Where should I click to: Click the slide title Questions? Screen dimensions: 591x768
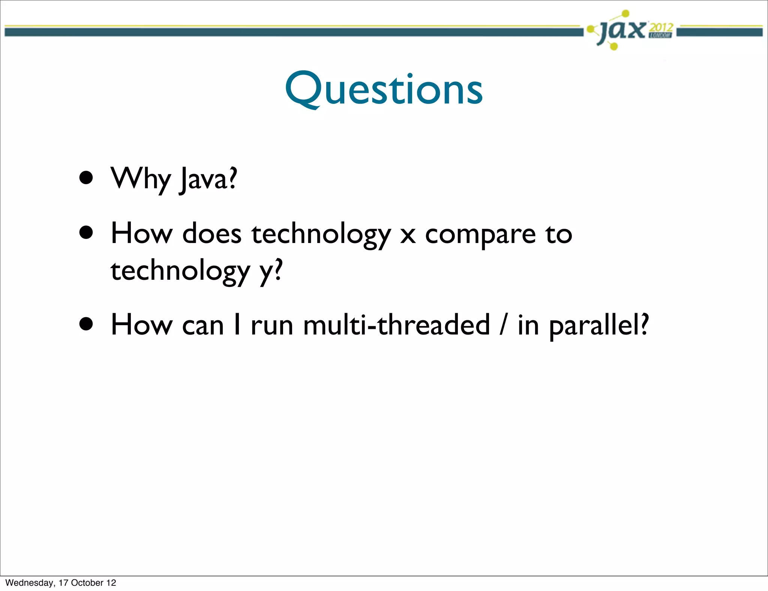pos(384,89)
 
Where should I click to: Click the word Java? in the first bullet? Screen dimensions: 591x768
pos(208,179)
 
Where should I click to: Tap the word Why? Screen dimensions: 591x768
pos(141,179)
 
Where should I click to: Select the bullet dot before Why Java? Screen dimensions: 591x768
pos(86,178)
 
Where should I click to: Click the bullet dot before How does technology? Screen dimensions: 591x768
pos(86,232)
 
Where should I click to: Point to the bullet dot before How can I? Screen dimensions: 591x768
pos(86,324)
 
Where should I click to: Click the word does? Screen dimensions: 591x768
pos(212,234)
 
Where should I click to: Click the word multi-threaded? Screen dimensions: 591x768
pos(396,325)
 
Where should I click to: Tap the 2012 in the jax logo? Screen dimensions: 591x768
pos(661,27)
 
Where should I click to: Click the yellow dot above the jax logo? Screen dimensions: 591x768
pos(625,14)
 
